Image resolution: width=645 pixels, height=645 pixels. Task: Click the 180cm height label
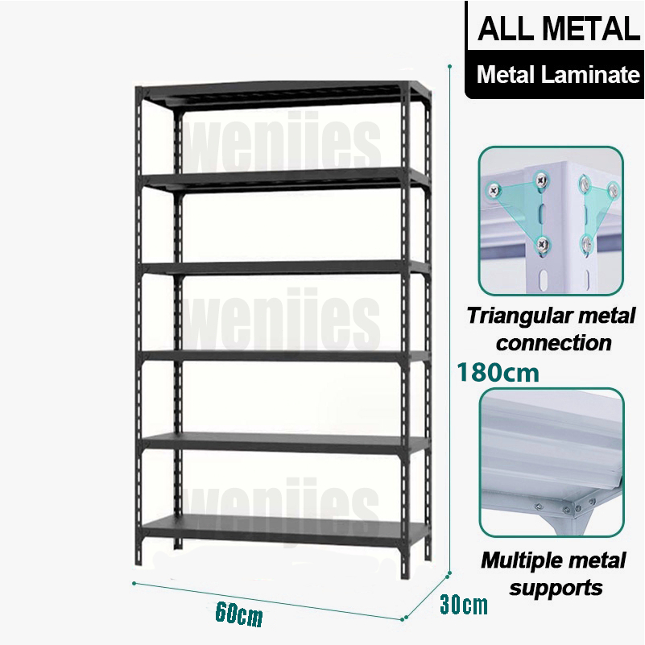[498, 374]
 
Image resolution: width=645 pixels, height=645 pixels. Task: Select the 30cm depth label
[463, 604]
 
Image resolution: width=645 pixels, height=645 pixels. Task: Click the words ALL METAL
[558, 29]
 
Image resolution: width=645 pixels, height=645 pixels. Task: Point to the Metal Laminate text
[558, 76]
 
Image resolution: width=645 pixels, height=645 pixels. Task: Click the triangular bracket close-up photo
[551, 221]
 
